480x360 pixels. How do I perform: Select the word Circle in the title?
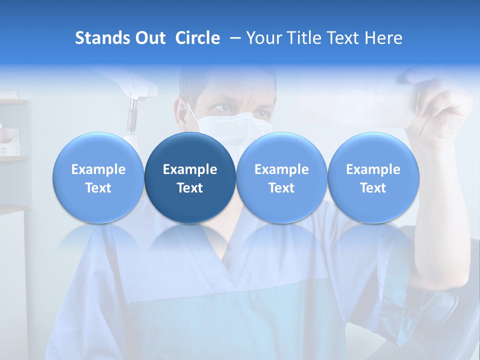click(197, 38)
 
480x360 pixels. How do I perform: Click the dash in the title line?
click(236, 38)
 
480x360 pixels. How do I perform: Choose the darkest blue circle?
click(190, 177)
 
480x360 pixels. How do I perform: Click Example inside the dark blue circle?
click(190, 169)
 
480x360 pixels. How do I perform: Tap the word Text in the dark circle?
click(190, 188)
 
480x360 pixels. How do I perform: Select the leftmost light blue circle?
click(98, 177)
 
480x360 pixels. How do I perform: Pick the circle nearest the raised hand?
click(373, 177)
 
